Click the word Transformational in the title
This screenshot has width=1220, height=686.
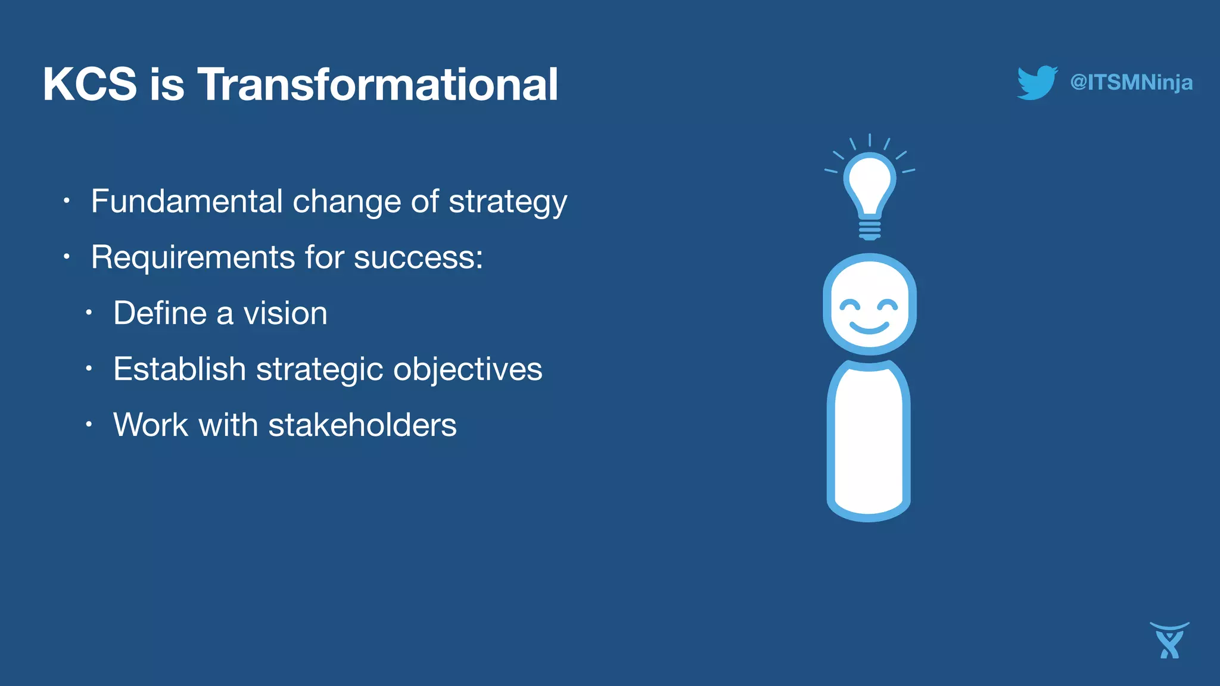pos(378,85)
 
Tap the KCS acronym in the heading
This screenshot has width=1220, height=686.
pos(90,85)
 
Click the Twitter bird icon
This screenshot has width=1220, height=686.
pos(1037,82)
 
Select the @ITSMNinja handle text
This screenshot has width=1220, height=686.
pos(1131,82)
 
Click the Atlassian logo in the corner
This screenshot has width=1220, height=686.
pos(1169,641)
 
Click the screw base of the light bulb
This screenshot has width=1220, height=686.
pos(870,230)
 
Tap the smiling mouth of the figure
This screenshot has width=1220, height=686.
pos(869,327)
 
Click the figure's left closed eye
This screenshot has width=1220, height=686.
pos(850,306)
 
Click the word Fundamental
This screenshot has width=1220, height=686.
pos(186,201)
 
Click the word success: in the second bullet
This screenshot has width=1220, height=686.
pos(418,258)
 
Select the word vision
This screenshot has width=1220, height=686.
pos(285,313)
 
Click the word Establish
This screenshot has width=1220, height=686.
pos(179,369)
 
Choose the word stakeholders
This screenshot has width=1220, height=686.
pos(362,425)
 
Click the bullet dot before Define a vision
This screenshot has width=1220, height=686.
pos(88,313)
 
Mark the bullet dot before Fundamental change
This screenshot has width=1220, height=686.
pos(67,201)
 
